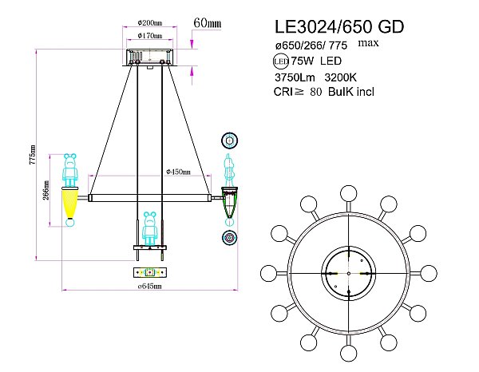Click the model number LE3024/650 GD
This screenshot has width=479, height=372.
pyautogui.click(x=338, y=26)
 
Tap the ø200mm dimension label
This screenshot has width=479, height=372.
pyautogui.click(x=152, y=22)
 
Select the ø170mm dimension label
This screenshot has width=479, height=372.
pyautogui.click(x=152, y=36)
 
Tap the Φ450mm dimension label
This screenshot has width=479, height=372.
pyautogui.click(x=178, y=171)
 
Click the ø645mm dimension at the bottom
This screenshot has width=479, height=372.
pyautogui.click(x=149, y=285)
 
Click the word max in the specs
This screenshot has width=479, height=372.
pyautogui.click(x=369, y=42)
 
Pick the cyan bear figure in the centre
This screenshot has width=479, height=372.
pyautogui.click(x=149, y=228)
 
